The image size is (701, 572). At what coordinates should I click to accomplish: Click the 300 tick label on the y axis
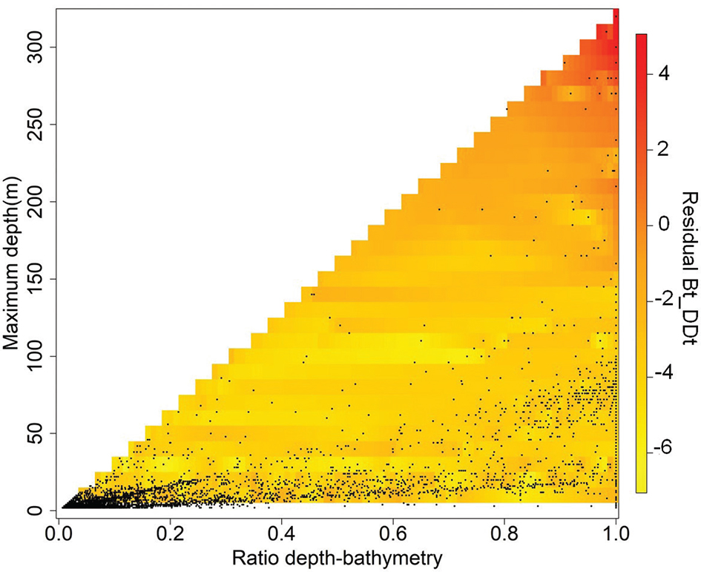[x=34, y=47]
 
